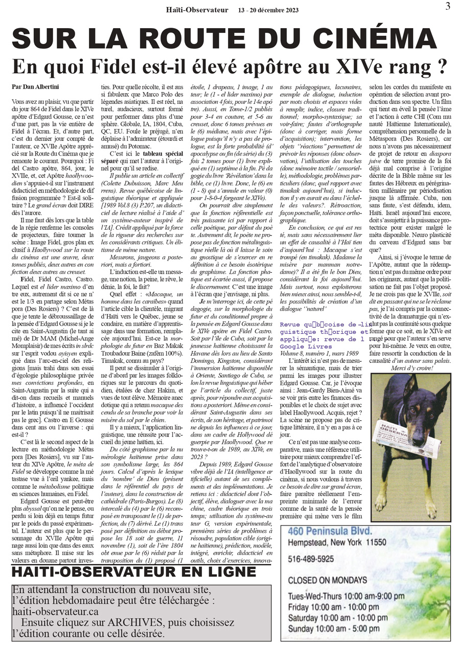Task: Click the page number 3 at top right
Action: tap(448, 6)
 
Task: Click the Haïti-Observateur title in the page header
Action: tap(197, 9)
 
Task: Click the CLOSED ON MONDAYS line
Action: tap(328, 580)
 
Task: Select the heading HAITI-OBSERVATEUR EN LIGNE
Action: tap(134, 572)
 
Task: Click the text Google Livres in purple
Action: tap(304, 346)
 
